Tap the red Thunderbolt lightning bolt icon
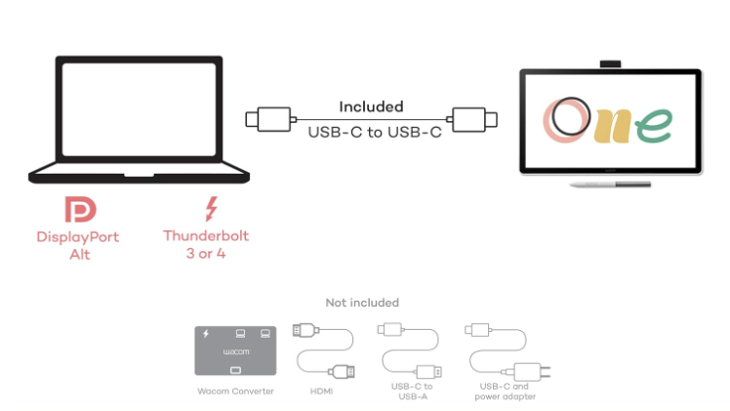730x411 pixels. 210,209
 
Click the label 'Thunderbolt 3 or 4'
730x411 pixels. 206,244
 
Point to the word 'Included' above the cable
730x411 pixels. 371,106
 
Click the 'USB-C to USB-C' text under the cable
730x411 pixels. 371,132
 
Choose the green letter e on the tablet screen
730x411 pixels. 655,123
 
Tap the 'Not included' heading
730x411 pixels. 362,303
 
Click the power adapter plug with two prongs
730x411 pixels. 527,371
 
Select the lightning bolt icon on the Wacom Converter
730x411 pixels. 205,333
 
